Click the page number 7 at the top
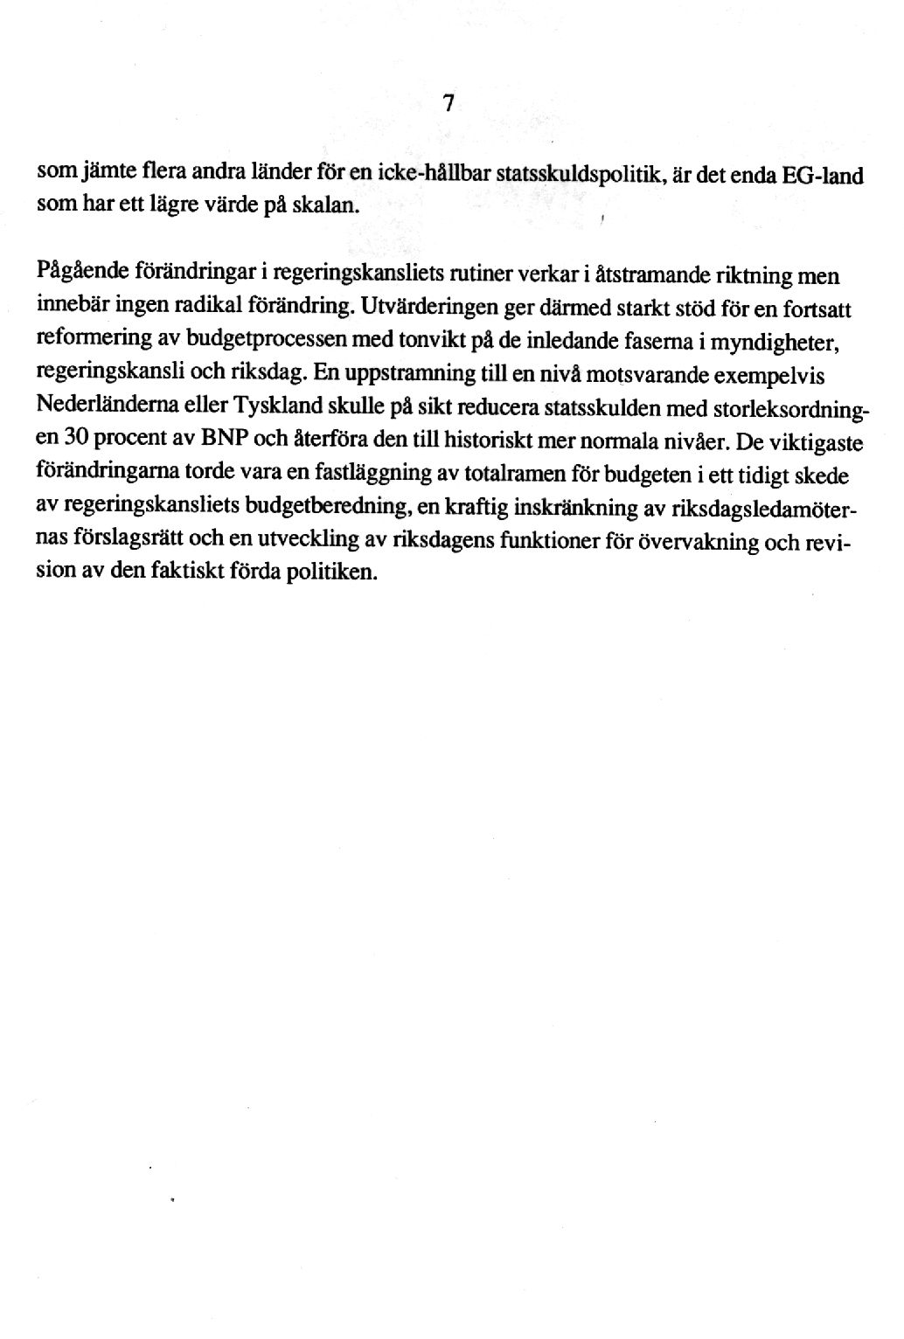[x=448, y=104]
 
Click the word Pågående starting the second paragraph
[x=83, y=272]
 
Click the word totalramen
[x=515, y=474]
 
